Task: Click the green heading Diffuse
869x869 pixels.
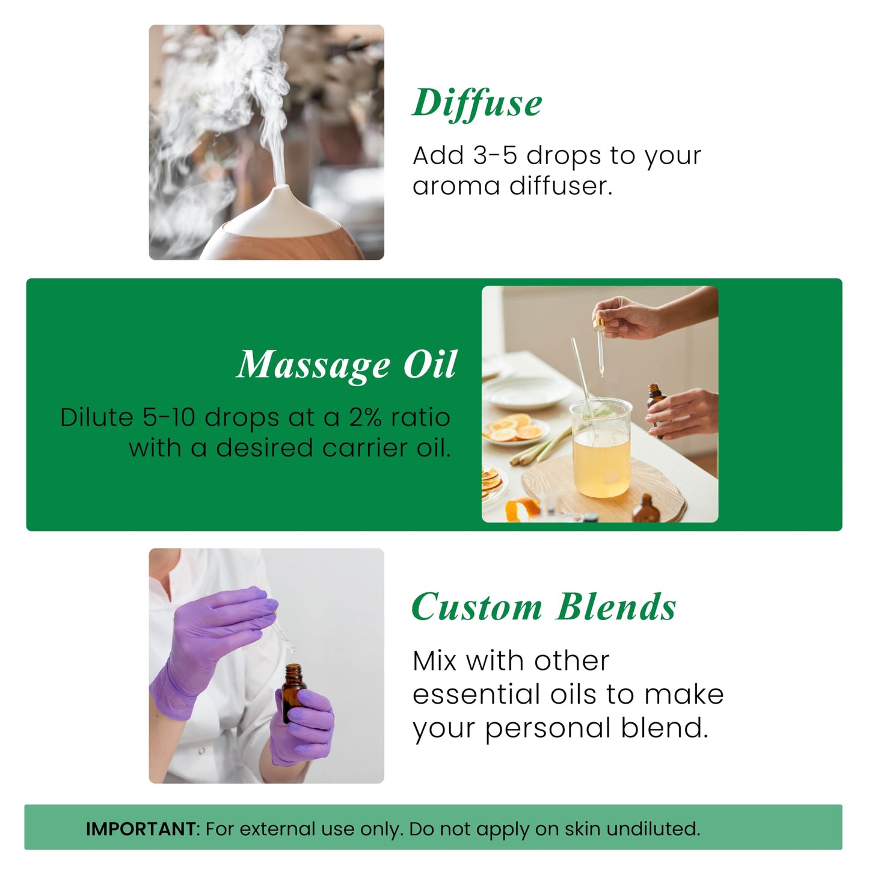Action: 477,103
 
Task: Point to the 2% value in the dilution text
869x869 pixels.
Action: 365,417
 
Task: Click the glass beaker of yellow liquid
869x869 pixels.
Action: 601,448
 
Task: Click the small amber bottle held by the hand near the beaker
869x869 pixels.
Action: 655,409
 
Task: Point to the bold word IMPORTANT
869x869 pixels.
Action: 140,829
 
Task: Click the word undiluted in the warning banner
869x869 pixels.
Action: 653,829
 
